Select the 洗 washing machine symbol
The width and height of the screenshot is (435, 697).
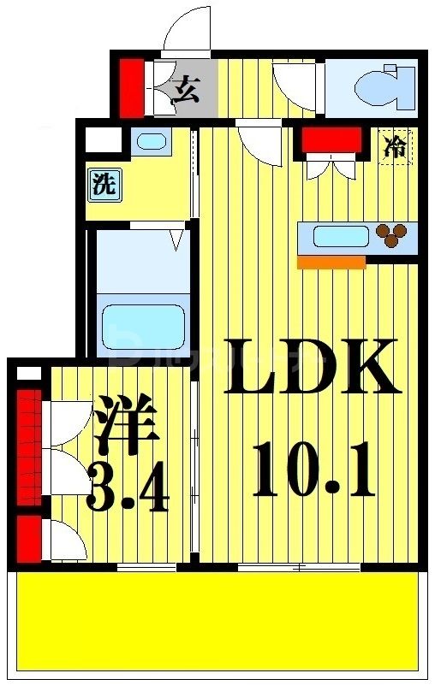104,186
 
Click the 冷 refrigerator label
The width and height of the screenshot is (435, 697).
396,146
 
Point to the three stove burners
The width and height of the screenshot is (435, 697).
393,234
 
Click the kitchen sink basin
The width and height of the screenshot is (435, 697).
340,236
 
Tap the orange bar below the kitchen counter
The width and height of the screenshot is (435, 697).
331,263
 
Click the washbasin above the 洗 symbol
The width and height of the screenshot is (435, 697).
152,142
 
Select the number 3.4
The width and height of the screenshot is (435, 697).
128,488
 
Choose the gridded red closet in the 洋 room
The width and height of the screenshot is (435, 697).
29,448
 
